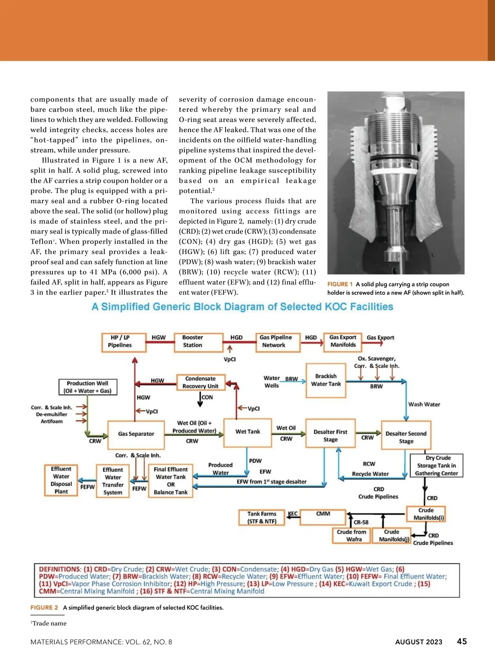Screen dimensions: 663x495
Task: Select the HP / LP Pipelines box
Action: [x=124, y=342]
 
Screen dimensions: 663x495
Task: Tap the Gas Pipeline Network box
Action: [x=278, y=342]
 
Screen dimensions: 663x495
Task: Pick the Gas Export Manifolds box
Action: [x=343, y=341]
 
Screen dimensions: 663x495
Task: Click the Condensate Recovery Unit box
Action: [x=201, y=382]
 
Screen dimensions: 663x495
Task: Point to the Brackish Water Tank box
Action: [x=325, y=380]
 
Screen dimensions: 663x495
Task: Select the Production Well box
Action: [x=87, y=387]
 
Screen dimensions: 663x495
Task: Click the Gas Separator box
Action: [x=136, y=434]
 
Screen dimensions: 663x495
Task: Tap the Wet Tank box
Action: [x=247, y=432]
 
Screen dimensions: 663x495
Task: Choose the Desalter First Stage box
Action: [x=330, y=436]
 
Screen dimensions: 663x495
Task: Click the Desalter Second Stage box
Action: [x=406, y=437]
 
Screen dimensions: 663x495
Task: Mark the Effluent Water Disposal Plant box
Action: [x=61, y=480]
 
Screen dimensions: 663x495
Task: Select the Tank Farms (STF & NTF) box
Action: [x=262, y=518]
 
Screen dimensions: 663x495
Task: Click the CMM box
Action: [x=323, y=516]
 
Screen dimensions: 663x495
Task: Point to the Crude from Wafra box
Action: [x=351, y=535]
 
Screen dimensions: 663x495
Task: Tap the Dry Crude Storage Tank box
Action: [x=436, y=466]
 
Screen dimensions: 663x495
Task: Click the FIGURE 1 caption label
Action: [x=340, y=284]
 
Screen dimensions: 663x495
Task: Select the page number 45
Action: [x=462, y=642]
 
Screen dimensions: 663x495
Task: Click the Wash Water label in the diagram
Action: [x=424, y=405]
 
